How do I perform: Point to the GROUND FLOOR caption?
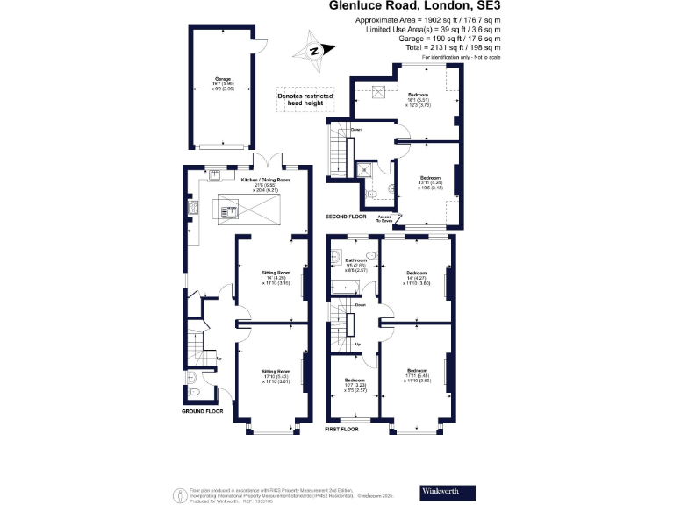(202, 410)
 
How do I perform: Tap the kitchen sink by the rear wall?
(214, 172)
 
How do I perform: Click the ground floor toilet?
(192, 379)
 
